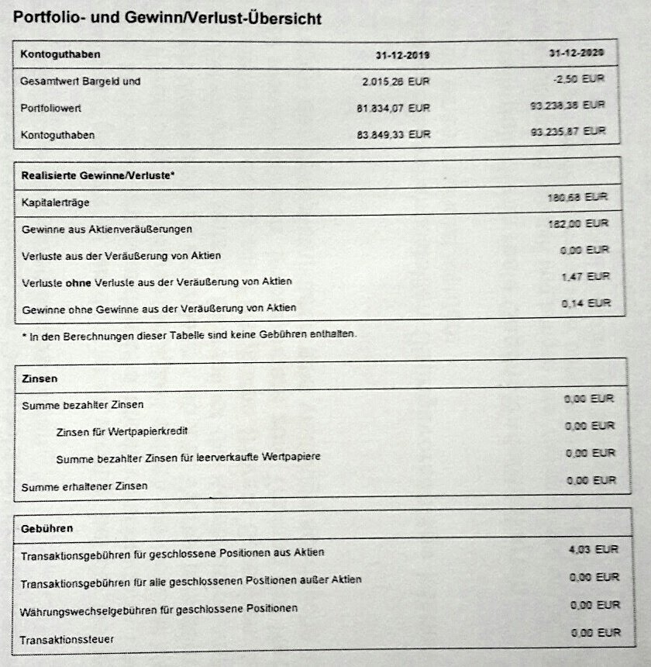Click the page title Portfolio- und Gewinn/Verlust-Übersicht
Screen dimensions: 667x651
click(167, 18)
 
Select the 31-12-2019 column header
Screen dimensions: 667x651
click(402, 54)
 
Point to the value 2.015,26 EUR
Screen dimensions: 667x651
click(395, 81)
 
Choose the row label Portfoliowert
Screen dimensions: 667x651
click(52, 109)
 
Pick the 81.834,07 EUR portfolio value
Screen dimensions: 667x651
click(391, 108)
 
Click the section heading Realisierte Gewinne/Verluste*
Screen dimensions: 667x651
click(98, 175)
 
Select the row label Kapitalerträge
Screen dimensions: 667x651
click(56, 202)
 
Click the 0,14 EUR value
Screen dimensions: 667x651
click(586, 303)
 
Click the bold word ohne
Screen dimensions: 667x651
click(78, 281)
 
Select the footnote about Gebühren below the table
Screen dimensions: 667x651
click(190, 333)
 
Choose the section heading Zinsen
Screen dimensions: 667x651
click(39, 378)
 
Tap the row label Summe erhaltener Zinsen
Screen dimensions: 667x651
click(85, 486)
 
